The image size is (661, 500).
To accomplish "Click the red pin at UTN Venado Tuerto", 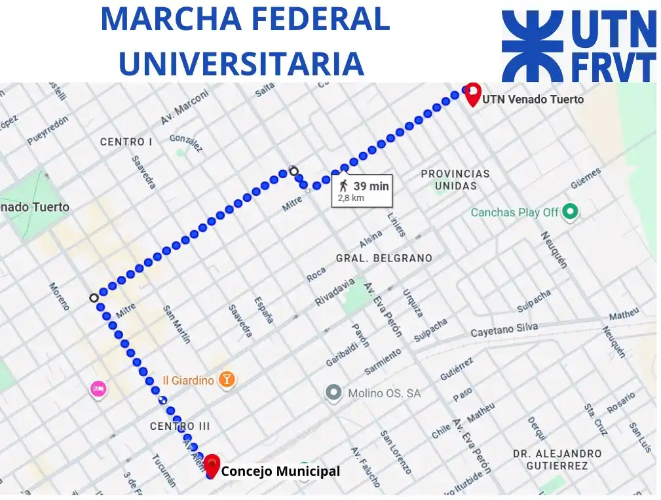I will click(472, 94).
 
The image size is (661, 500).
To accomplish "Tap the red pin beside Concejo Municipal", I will click(212, 465).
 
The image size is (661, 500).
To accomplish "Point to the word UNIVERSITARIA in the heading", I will click(241, 63).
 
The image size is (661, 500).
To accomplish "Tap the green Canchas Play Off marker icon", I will click(571, 212).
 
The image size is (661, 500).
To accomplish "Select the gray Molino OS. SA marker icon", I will click(334, 393).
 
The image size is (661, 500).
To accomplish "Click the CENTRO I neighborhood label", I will click(126, 142).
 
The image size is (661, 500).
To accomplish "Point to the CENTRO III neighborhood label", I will click(180, 426).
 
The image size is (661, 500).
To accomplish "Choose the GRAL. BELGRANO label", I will click(384, 258).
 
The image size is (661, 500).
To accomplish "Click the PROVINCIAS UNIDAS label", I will click(455, 180).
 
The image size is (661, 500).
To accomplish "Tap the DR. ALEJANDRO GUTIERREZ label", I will click(557, 459).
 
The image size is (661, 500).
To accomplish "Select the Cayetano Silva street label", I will click(504, 330).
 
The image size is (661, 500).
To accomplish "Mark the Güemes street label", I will click(585, 178).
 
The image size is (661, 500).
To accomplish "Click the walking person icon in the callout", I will click(344, 185).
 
